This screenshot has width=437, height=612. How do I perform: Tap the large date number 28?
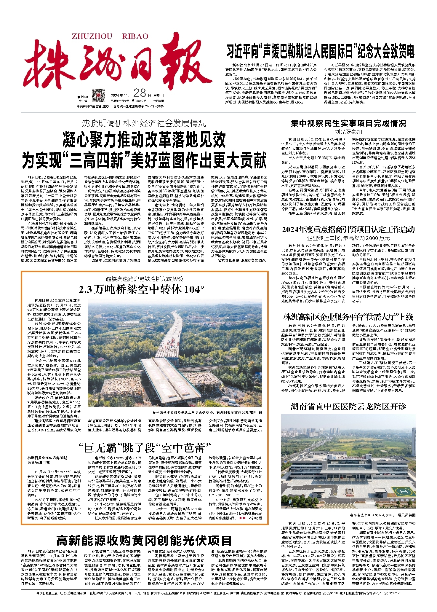click(x=140, y=93)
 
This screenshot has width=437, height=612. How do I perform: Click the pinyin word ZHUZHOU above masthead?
click(x=92, y=36)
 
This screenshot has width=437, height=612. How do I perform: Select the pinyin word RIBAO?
click(x=135, y=36)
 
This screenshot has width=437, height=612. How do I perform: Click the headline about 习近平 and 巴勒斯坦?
click(x=320, y=51)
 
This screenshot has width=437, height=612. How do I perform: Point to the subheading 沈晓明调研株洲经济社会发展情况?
click(x=144, y=123)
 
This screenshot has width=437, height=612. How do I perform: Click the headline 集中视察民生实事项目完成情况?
click(x=348, y=123)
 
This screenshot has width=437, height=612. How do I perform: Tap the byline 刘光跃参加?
click(x=348, y=132)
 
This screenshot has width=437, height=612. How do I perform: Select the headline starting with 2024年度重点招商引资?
click(x=348, y=230)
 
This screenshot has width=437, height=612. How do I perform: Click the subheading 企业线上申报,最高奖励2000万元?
click(x=348, y=238)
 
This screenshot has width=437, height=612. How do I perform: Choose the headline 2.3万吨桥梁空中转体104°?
click(x=141, y=290)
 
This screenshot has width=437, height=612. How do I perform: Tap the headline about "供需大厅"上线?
click(x=348, y=317)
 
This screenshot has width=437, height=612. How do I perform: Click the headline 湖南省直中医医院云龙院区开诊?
click(x=348, y=407)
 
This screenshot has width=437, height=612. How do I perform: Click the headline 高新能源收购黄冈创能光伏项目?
click(x=144, y=541)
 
